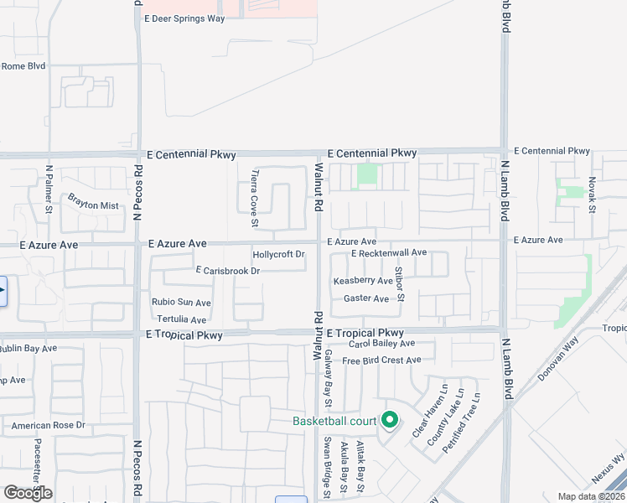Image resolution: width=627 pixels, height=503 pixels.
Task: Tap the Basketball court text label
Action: tap(334, 421)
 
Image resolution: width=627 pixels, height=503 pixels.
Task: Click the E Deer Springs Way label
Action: tap(184, 18)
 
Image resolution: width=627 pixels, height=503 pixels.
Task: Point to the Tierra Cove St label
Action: tap(255, 199)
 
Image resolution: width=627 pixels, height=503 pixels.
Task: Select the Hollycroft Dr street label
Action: tap(278, 254)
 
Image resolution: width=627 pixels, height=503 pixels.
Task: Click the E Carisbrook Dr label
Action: tap(227, 271)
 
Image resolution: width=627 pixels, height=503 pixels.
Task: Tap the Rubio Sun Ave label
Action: tap(181, 303)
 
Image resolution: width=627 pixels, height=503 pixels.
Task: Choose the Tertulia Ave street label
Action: tap(181, 319)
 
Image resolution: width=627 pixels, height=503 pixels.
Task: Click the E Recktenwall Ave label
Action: tap(389, 252)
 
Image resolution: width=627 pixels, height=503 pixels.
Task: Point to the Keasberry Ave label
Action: tap(363, 281)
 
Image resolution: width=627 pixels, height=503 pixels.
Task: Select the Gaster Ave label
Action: tap(366, 298)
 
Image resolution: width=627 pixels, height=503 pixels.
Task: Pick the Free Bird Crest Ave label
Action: tap(381, 360)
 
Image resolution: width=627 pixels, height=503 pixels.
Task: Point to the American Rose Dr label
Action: tap(49, 426)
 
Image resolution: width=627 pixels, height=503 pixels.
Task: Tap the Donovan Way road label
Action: tap(558, 359)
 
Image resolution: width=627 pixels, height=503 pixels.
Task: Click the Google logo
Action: tap(28, 493)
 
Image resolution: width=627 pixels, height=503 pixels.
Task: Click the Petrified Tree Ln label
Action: tap(461, 424)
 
